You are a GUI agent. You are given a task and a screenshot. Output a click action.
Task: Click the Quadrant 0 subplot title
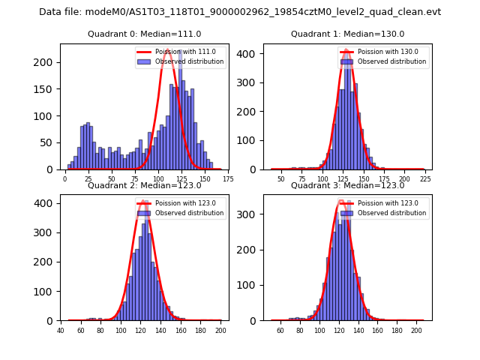[x=144, y=34]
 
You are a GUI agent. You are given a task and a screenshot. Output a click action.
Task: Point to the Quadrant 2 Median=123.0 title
[x=144, y=185]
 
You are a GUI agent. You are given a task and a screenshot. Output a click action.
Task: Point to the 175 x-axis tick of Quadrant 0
[x=227, y=179]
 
